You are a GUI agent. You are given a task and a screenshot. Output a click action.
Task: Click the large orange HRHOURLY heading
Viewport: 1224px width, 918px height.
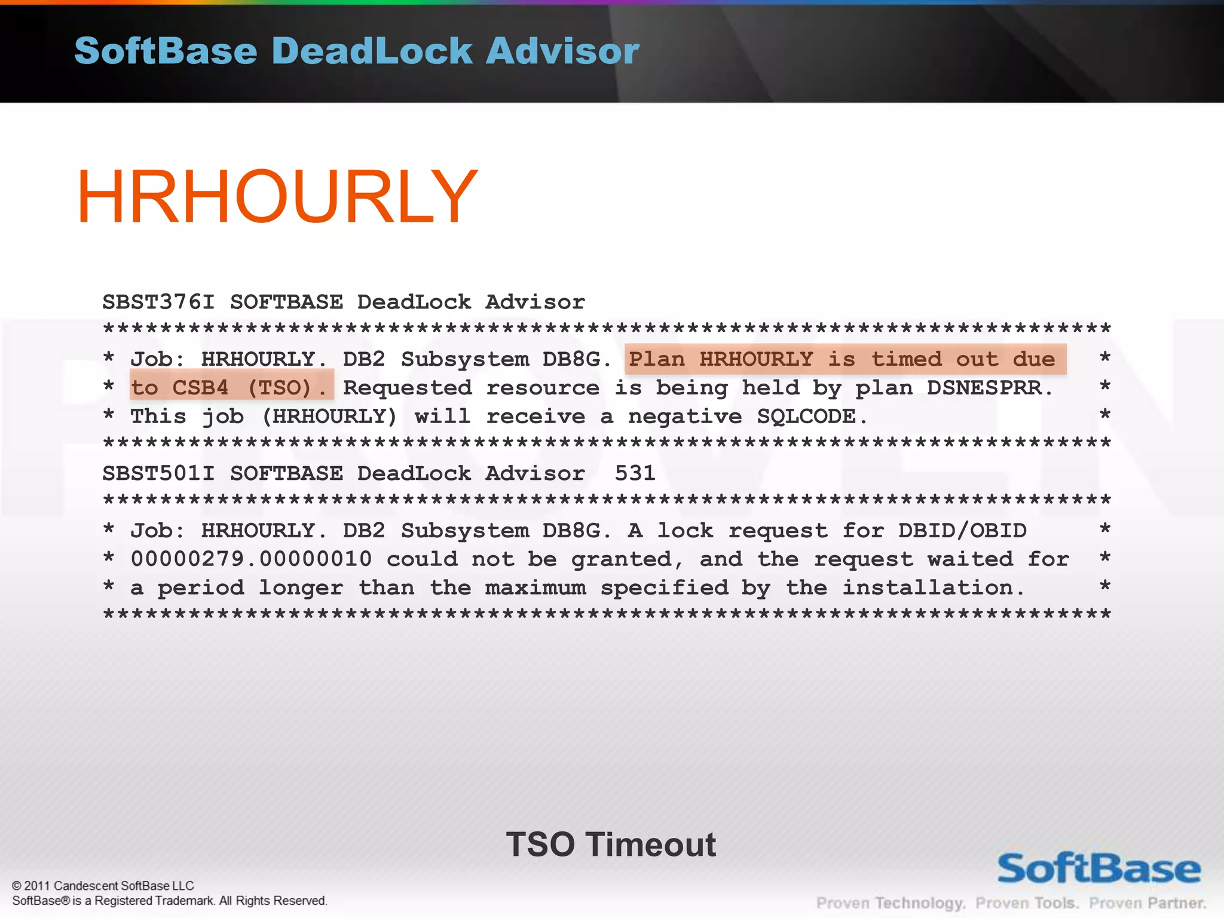coord(277,197)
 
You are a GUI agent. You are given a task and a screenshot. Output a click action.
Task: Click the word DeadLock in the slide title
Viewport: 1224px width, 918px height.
coord(372,51)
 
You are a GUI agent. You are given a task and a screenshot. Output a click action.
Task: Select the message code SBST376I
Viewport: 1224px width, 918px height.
coord(158,302)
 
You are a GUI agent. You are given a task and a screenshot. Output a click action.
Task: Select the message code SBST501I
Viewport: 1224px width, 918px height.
coord(158,473)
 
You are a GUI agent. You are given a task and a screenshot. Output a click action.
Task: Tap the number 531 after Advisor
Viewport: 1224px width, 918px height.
coord(635,473)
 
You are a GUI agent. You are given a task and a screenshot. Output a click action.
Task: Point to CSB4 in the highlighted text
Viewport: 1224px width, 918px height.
coord(200,388)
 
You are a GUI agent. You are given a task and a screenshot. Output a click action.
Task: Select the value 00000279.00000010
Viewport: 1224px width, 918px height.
coord(251,559)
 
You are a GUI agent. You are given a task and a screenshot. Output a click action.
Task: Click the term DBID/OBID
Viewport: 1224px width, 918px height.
coord(962,531)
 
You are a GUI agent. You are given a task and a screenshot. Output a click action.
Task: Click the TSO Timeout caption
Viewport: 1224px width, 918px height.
coord(611,844)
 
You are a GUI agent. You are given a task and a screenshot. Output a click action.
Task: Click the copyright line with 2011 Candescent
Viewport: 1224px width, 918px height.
coord(103,886)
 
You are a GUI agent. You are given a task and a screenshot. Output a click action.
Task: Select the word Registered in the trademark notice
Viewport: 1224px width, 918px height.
coord(124,901)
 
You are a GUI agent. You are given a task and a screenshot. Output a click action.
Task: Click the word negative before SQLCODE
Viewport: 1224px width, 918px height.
coord(685,417)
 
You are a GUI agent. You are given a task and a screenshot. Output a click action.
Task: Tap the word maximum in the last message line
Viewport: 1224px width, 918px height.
coord(535,588)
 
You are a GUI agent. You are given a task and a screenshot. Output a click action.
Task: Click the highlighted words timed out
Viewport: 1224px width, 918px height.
coord(935,359)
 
